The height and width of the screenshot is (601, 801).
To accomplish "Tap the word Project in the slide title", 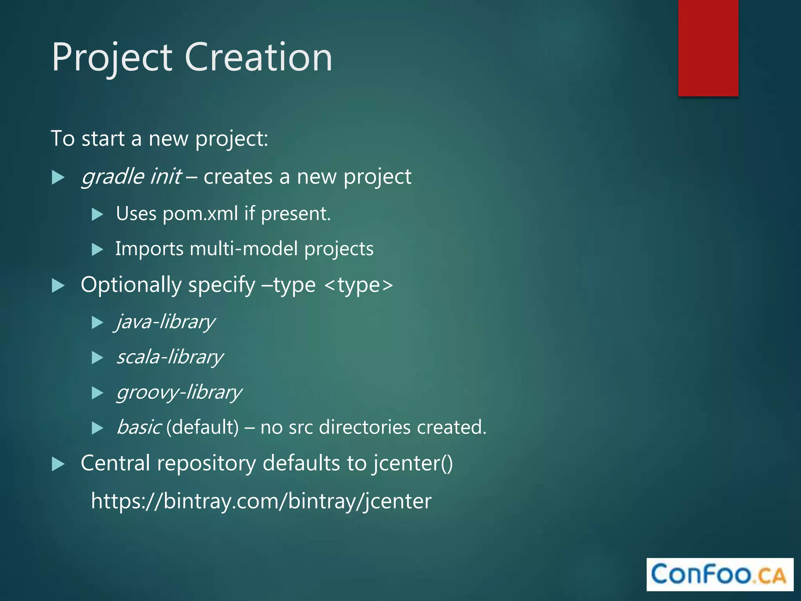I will click(x=112, y=58).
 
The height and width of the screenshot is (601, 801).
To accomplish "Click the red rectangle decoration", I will click(x=708, y=48).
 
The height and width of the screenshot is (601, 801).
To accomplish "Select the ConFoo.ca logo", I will click(x=720, y=574).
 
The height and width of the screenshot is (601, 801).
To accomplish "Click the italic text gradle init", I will click(x=131, y=177).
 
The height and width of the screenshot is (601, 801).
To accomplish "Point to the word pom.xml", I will click(x=200, y=214).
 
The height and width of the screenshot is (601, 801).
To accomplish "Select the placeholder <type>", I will click(x=358, y=285).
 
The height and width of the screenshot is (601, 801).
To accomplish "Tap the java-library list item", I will click(x=165, y=322).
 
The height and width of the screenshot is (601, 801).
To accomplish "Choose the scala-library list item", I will click(x=170, y=357).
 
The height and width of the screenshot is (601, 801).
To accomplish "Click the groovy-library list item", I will click(x=179, y=392).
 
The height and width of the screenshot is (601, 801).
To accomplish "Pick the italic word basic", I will click(x=138, y=427).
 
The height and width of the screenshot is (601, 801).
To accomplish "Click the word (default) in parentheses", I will click(x=202, y=427).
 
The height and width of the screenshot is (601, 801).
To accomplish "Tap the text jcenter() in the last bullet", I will click(x=412, y=463).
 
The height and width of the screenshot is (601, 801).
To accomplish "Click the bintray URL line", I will click(x=261, y=501).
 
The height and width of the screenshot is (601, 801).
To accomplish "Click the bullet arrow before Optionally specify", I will click(x=58, y=286).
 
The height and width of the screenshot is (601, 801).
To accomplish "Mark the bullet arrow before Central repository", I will click(x=58, y=464).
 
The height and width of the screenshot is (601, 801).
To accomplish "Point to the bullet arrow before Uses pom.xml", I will click(x=97, y=214).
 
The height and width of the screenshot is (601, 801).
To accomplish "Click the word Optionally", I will click(x=131, y=285).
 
